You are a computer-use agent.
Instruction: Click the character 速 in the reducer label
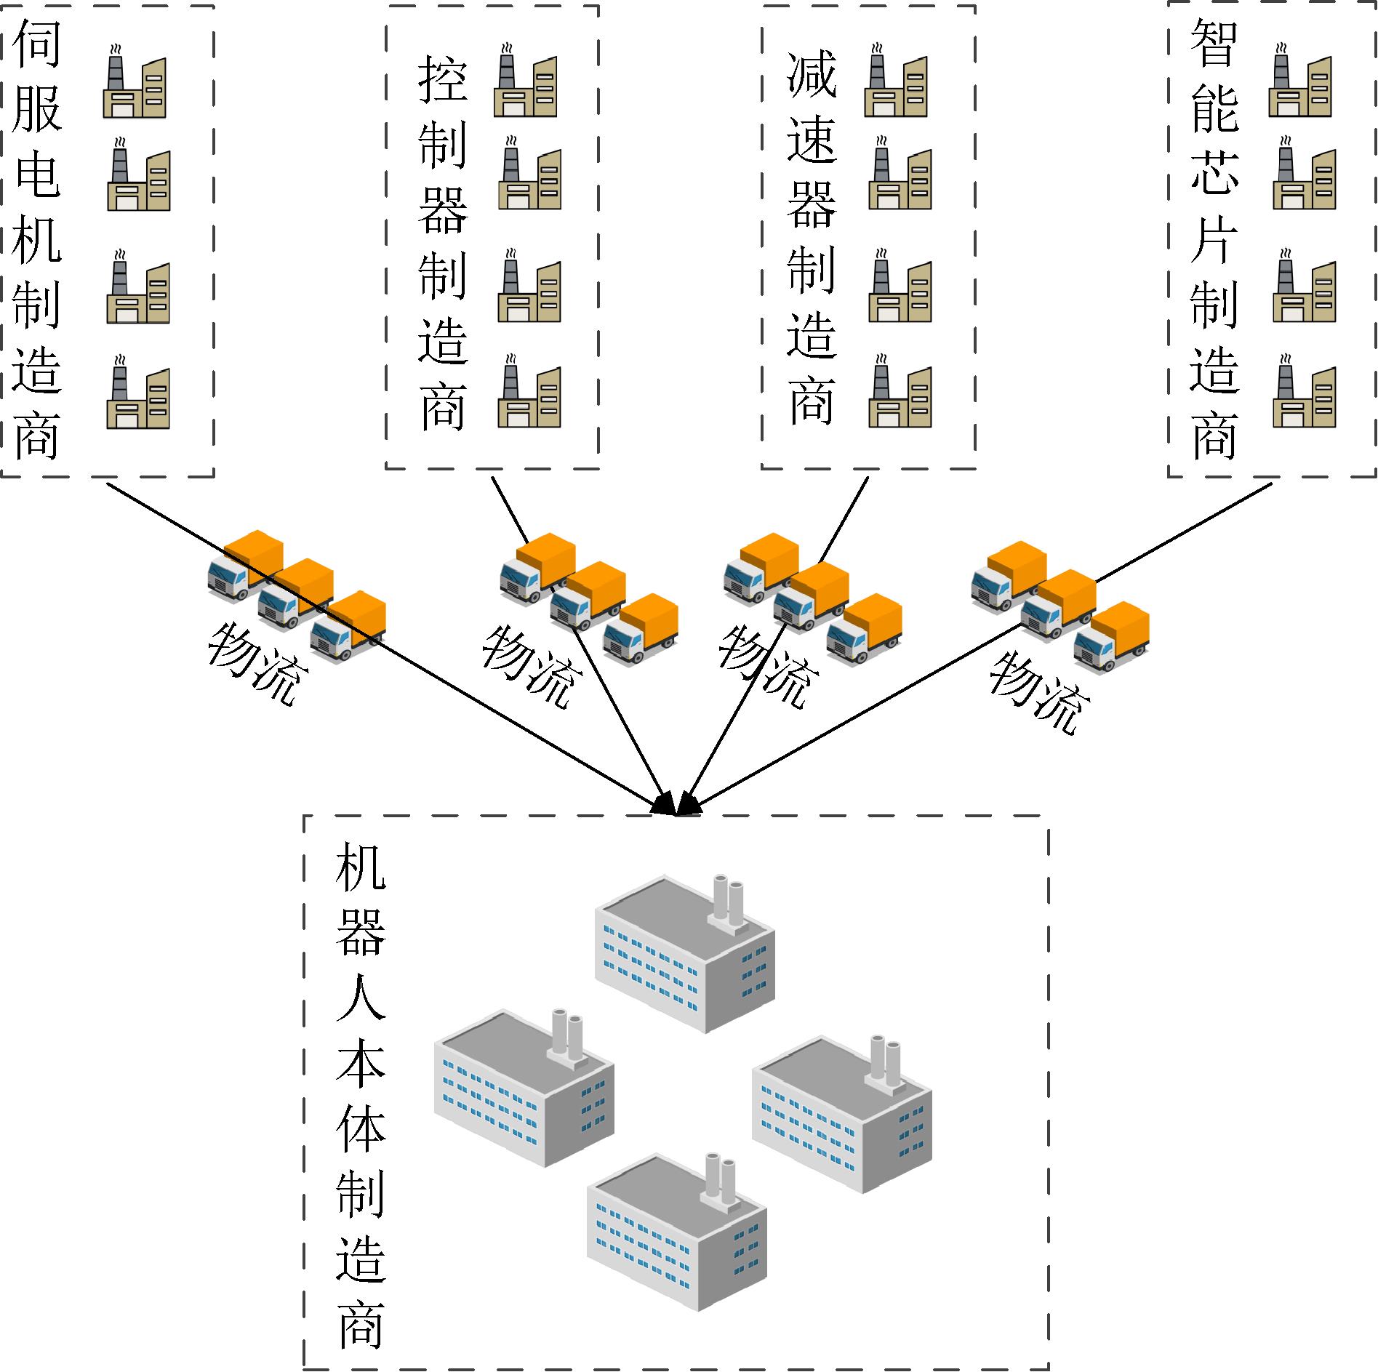[x=812, y=138]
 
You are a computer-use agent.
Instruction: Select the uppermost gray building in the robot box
[x=684, y=952]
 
